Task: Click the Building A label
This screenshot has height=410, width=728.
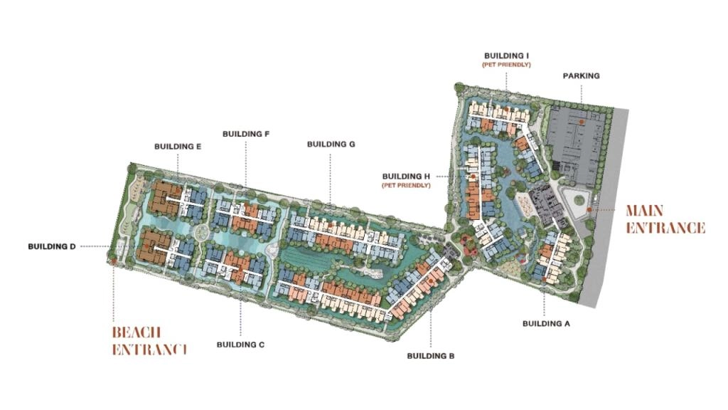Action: pyautogui.click(x=546, y=323)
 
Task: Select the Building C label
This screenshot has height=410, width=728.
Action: pyautogui.click(x=240, y=345)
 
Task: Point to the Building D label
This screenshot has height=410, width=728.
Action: pyautogui.click(x=52, y=247)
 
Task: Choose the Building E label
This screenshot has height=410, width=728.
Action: pyautogui.click(x=178, y=147)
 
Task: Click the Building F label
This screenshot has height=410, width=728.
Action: pyautogui.click(x=246, y=133)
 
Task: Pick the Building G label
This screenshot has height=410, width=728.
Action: pyautogui.click(x=331, y=144)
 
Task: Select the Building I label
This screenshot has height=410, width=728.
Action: pyautogui.click(x=508, y=55)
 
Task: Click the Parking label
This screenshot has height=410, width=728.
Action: pyautogui.click(x=581, y=75)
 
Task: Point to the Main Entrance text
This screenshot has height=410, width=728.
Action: pyautogui.click(x=665, y=219)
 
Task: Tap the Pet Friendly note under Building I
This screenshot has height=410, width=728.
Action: pyautogui.click(x=508, y=65)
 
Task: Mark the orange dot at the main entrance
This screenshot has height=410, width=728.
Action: pyautogui.click(x=590, y=210)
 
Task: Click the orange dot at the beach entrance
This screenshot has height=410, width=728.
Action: pyautogui.click(x=113, y=262)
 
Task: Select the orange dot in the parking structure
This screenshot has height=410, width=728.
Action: pyautogui.click(x=581, y=122)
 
